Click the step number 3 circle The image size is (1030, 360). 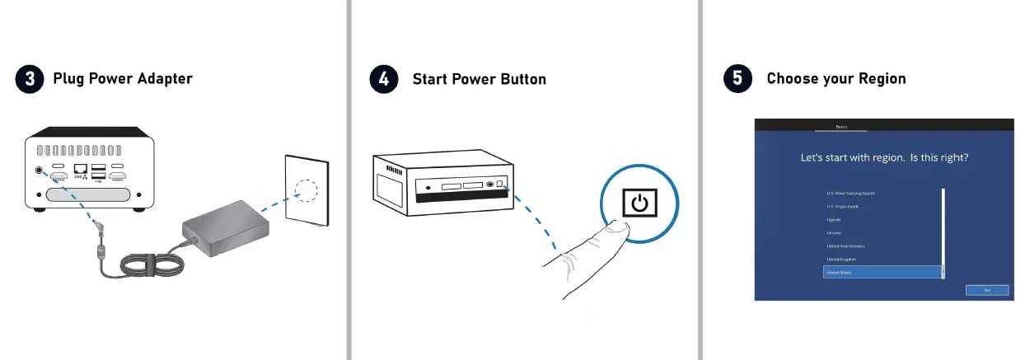click(x=30, y=79)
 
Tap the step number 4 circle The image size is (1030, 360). click(x=384, y=79)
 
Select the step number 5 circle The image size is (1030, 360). click(x=737, y=79)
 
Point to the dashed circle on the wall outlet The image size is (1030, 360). click(x=307, y=190)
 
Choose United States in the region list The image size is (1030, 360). click(x=881, y=272)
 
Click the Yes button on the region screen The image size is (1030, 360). click(x=976, y=290)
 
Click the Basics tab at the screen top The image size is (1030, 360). click(x=840, y=127)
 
